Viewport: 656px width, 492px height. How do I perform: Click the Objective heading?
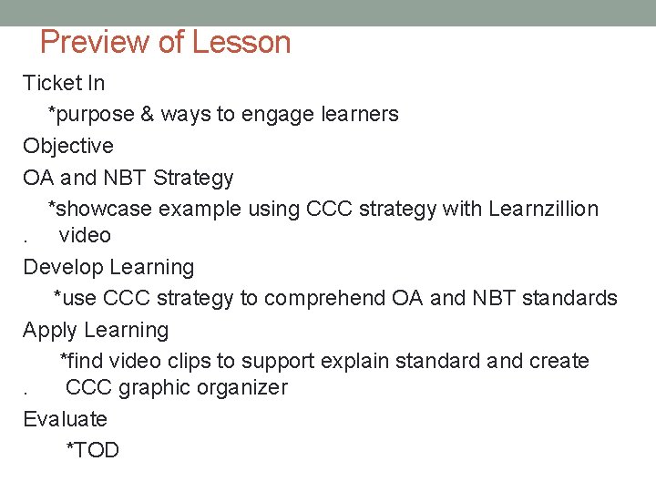(68, 147)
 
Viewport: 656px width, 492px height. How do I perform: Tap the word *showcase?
(99, 210)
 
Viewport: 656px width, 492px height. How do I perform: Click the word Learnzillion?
(543, 210)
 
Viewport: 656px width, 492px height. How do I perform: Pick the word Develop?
(63, 268)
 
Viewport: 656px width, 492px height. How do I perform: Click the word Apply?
(49, 330)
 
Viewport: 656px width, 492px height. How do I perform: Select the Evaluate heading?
(65, 420)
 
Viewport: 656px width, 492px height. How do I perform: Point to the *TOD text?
(92, 451)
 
